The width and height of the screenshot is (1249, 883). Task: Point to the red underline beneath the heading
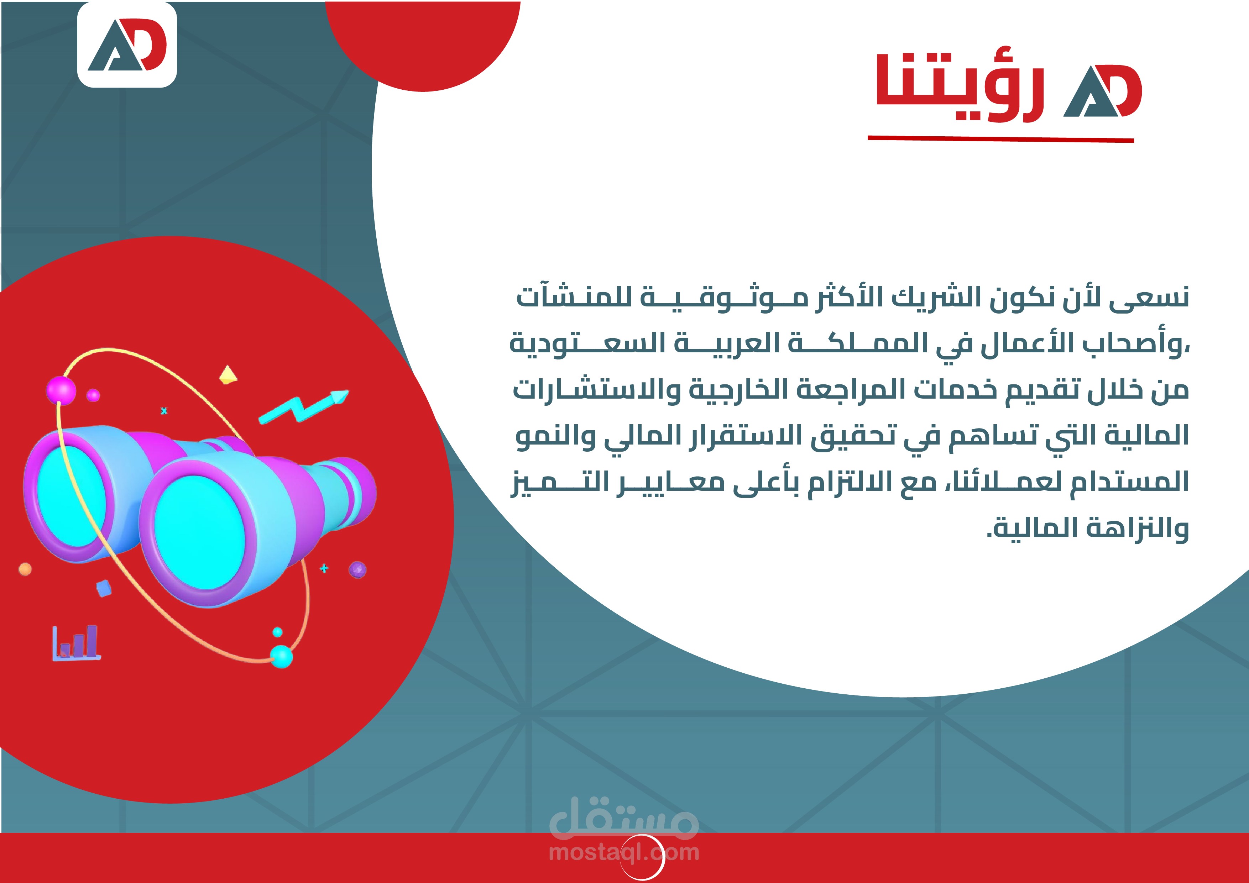tap(1000, 139)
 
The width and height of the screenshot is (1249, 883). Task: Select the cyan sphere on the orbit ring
tap(281, 656)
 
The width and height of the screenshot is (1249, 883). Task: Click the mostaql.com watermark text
tap(624, 852)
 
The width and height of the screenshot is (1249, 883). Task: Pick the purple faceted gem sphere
tap(357, 569)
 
